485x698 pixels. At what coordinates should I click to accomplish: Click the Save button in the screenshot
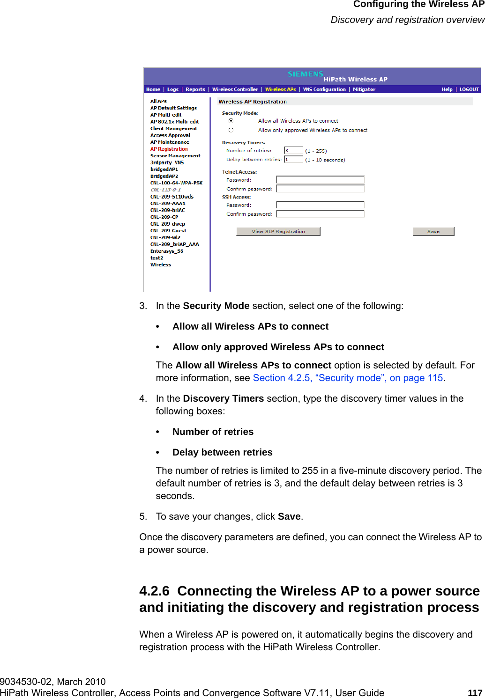[x=433, y=231]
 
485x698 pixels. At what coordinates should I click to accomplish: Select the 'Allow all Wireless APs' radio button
[x=231, y=121]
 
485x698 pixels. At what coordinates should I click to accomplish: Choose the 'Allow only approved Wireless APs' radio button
[x=231, y=130]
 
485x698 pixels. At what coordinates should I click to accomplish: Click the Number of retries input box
[x=293, y=150]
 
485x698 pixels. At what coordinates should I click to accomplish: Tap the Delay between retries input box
[x=293, y=159]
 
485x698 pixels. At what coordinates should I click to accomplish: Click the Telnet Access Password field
[x=320, y=180]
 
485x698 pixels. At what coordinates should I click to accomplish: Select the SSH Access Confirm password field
[x=320, y=214]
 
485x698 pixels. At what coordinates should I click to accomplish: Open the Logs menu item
[x=173, y=89]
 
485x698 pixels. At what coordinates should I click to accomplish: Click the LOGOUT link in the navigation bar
[x=469, y=89]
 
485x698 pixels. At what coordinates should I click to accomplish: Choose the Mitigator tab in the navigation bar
[x=364, y=89]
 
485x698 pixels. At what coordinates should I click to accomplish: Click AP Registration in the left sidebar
[x=169, y=149]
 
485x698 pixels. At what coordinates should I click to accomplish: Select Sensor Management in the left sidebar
[x=175, y=155]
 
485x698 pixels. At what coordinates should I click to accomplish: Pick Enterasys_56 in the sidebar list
[x=166, y=251]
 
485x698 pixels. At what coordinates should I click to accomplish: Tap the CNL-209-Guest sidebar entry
[x=168, y=230]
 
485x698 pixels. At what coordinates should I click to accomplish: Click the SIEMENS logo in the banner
[x=305, y=74]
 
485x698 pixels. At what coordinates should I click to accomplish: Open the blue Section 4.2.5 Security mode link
[x=348, y=378]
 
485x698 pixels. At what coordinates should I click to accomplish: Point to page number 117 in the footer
[x=475, y=693]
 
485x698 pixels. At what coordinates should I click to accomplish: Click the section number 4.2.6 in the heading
[x=154, y=591]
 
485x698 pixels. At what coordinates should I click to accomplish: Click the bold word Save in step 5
[x=289, y=516]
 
